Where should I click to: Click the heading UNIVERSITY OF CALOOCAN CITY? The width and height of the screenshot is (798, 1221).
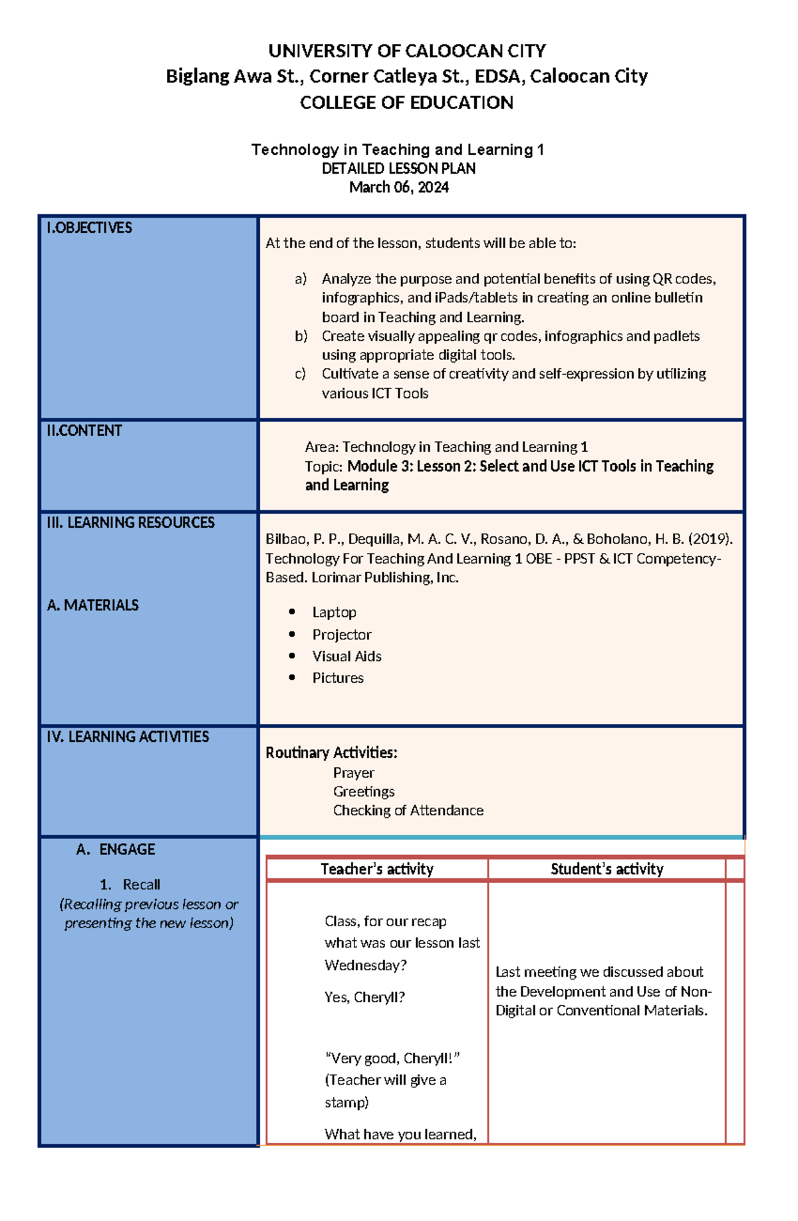click(x=406, y=51)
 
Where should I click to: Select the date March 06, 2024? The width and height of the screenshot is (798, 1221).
click(x=398, y=188)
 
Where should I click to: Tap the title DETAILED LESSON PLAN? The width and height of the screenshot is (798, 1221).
click(x=398, y=168)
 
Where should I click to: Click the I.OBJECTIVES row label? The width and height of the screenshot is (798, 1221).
click(x=89, y=228)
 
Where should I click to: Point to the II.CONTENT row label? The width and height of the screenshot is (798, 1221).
click(x=84, y=431)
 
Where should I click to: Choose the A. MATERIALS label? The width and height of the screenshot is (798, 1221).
click(x=92, y=606)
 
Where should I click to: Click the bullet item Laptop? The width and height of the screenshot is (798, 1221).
click(x=334, y=612)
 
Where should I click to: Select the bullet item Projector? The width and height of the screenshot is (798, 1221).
click(x=341, y=635)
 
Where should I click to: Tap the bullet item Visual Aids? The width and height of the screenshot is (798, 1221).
click(x=346, y=657)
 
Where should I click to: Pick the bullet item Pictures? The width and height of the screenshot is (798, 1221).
click(x=338, y=678)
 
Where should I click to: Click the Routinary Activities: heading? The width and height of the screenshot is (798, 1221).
click(x=331, y=753)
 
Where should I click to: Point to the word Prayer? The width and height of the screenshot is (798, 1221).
click(x=353, y=773)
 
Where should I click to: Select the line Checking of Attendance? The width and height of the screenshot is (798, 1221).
click(x=408, y=810)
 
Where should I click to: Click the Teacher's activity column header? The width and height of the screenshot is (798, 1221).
click(x=376, y=869)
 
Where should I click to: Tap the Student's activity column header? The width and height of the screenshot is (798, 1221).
click(x=606, y=869)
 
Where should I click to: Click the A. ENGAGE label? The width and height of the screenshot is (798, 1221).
click(x=116, y=850)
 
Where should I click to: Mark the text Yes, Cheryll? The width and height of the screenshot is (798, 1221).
click(x=364, y=997)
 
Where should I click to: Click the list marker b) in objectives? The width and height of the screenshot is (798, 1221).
click(x=301, y=337)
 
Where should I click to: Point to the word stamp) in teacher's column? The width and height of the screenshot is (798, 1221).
click(x=346, y=1103)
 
